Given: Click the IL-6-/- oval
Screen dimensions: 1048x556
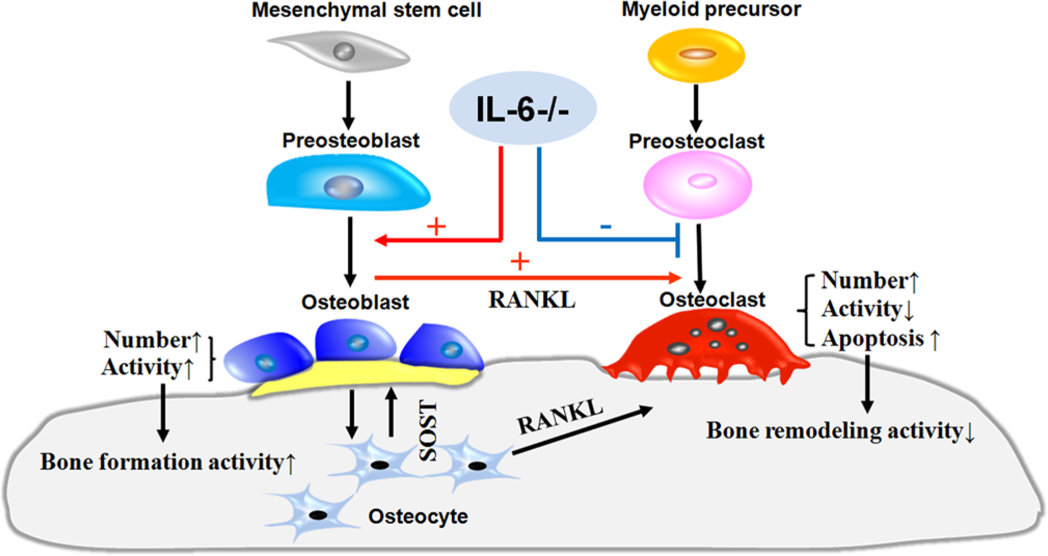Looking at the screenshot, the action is tap(522, 109).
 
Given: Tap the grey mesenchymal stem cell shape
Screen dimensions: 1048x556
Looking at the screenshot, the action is tap(339, 51).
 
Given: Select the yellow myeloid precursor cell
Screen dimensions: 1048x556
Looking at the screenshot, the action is tap(696, 55).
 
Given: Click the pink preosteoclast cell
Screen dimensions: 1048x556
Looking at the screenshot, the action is tap(697, 185).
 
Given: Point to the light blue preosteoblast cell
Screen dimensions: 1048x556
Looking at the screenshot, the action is tap(348, 184).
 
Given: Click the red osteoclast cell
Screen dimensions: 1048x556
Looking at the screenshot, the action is tap(706, 346).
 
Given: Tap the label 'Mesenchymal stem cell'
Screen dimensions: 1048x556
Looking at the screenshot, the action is tap(367, 10).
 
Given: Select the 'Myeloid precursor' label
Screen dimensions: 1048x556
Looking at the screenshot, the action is tap(711, 9).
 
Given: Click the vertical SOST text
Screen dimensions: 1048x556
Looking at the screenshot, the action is tap(428, 431).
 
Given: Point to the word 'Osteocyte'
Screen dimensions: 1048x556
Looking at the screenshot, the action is tap(418, 517).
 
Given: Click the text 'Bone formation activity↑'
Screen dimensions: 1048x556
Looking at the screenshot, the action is tap(168, 462).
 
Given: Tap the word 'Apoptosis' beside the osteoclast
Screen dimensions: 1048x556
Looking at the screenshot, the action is tap(873, 339).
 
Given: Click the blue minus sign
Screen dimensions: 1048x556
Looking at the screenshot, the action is tap(606, 227).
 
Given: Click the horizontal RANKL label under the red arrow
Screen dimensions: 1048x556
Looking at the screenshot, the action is tap(532, 300).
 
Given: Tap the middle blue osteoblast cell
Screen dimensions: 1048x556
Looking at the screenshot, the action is tap(356, 340).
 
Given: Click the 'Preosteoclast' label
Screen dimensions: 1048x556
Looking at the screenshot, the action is tap(696, 141).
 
